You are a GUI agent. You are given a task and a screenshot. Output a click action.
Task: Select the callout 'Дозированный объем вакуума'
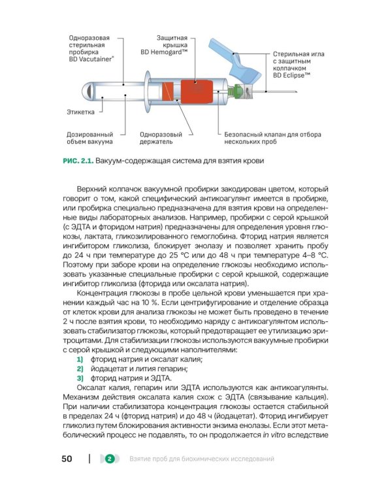pyautogui.click(x=90, y=137)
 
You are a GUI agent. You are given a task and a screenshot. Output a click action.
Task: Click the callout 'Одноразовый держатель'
pyautogui.click(x=156, y=137)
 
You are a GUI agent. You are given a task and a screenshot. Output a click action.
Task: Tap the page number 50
pyautogui.click(x=67, y=459)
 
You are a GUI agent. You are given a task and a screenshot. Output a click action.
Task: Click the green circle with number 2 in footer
pyautogui.click(x=109, y=459)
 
